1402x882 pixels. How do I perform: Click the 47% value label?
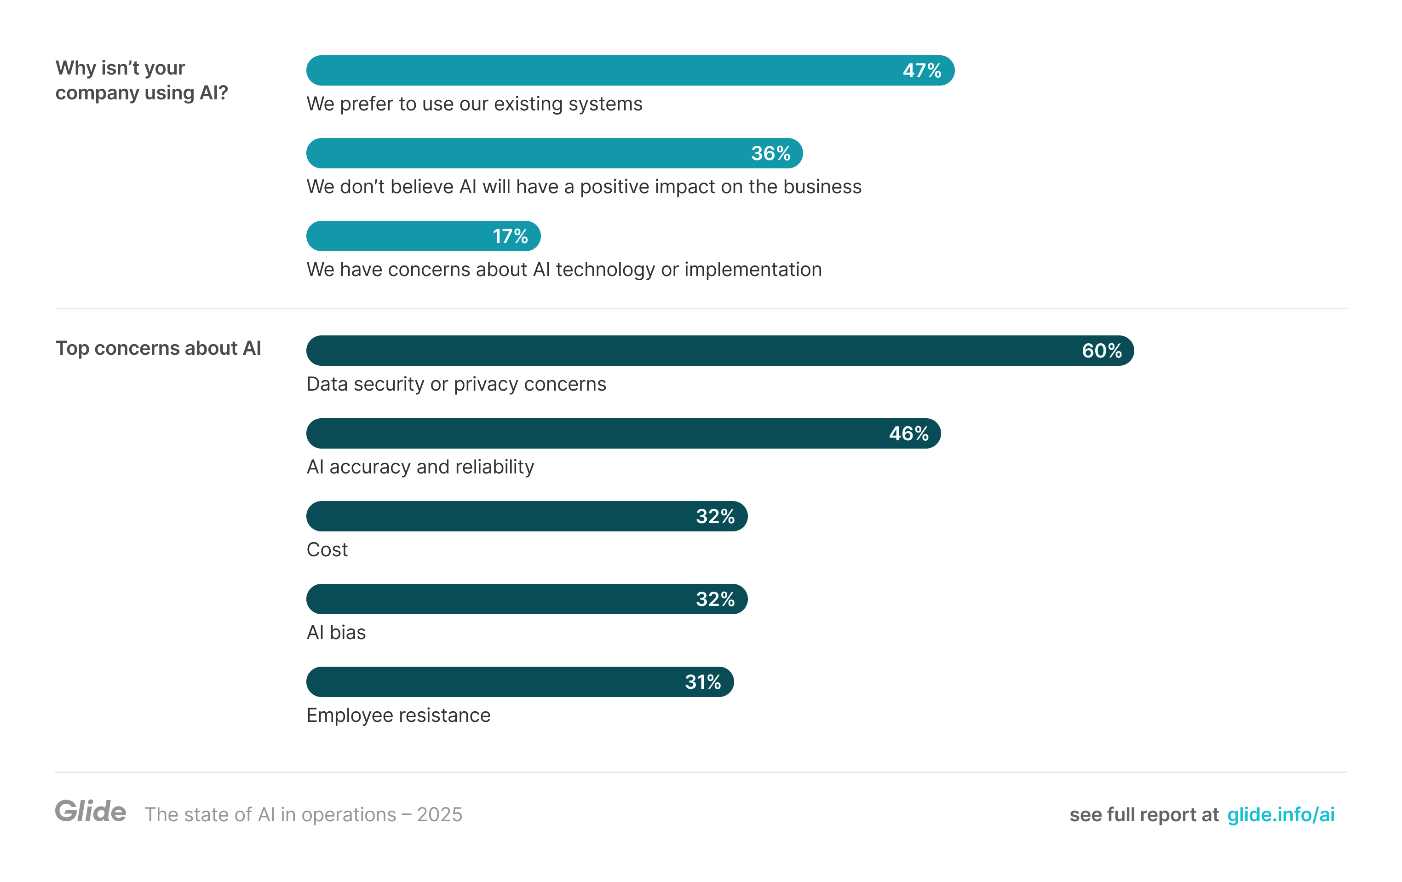tap(922, 70)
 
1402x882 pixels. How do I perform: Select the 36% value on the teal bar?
tap(770, 153)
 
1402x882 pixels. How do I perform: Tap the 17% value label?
tap(510, 236)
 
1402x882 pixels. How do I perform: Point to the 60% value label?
tap(1101, 351)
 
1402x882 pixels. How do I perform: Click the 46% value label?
tap(908, 433)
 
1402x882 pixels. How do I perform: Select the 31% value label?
tap(703, 681)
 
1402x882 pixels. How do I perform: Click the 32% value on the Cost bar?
tap(715, 516)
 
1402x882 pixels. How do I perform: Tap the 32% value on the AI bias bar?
tap(715, 599)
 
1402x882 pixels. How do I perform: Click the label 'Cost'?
tap(327, 549)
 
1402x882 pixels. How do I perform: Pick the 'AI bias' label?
tap(336, 632)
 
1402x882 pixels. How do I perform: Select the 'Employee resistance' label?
tap(398, 715)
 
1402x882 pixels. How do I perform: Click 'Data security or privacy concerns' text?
tap(456, 384)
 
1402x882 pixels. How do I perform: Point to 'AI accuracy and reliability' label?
tap(420, 467)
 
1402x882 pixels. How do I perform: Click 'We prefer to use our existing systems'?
tap(474, 104)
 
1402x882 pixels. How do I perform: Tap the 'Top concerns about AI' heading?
tap(158, 348)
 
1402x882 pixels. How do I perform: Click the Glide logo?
tap(90, 811)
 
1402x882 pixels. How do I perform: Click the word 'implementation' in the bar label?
tap(753, 269)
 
